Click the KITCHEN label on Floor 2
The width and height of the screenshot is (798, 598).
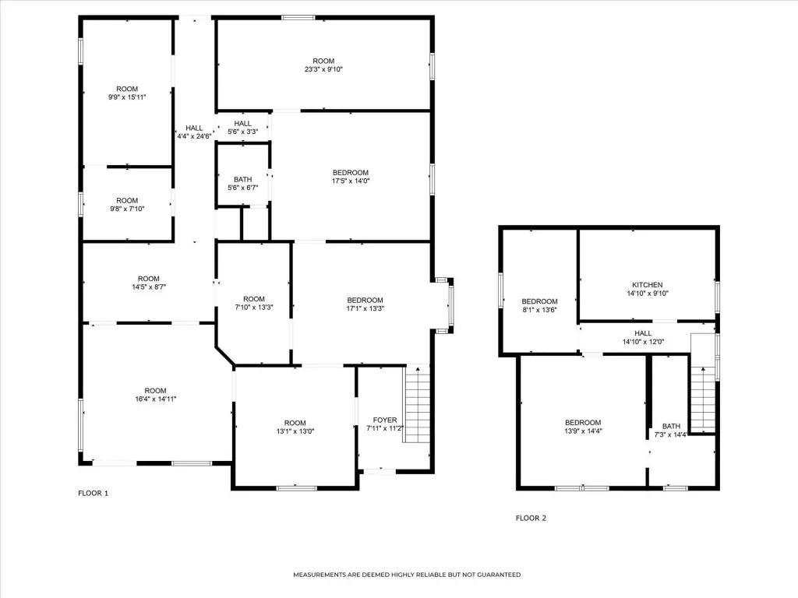[648, 285]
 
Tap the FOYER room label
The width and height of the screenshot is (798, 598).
[385, 420]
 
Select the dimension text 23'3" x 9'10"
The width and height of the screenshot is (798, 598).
[323, 69]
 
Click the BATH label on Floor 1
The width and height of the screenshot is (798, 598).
[243, 180]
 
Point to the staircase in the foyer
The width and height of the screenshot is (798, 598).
[417, 404]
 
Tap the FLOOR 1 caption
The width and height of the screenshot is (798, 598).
[94, 493]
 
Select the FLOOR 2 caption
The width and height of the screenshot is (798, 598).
[531, 518]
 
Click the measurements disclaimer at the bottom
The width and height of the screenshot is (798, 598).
[407, 575]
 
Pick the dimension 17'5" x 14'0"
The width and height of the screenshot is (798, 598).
[351, 181]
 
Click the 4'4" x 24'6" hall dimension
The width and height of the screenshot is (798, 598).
[194, 136]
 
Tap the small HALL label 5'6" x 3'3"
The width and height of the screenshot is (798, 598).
[243, 128]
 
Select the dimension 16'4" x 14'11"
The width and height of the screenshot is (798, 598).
[156, 399]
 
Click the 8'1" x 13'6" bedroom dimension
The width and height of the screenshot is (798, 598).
[539, 310]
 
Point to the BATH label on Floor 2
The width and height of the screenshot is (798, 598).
[671, 426]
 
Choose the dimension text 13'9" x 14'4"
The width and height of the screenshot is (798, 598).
[583, 431]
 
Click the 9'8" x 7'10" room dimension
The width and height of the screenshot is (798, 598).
[127, 209]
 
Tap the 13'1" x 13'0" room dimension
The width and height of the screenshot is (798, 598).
[295, 431]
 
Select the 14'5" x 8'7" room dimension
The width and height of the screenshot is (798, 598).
[149, 287]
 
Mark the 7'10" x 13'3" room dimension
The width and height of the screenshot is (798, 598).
[254, 307]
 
